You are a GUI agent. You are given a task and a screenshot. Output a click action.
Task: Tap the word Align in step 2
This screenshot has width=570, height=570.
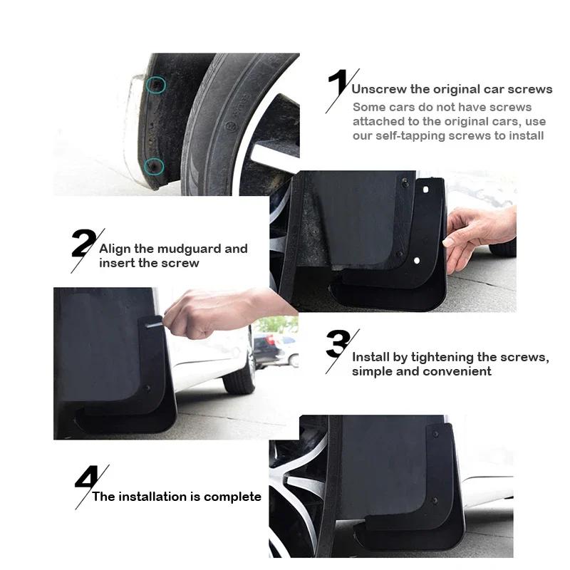pyautogui.click(x=115, y=249)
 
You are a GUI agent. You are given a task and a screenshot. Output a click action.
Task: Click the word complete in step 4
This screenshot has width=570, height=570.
pyautogui.click(x=233, y=497)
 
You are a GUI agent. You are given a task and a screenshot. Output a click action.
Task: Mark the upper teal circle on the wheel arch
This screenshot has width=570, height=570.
pyautogui.click(x=156, y=85)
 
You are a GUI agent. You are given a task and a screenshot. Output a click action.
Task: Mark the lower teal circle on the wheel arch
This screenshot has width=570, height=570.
pyautogui.click(x=154, y=166)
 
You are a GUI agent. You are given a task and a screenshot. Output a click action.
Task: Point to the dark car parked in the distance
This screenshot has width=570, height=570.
pyautogui.click(x=269, y=348)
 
